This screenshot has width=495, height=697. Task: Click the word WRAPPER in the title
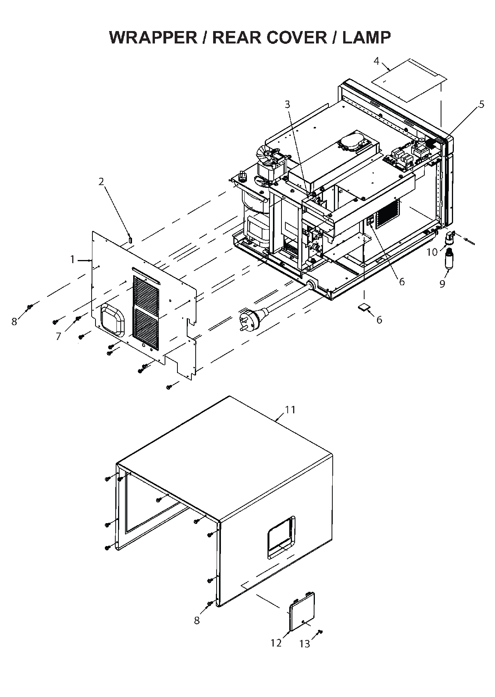153,37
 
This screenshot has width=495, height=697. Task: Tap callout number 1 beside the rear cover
73,259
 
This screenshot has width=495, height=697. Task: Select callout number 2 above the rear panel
101,182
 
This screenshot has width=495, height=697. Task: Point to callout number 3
287,104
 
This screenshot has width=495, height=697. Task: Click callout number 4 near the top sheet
376,61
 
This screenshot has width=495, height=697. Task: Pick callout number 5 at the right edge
481,104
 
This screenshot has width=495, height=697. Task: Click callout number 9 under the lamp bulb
442,284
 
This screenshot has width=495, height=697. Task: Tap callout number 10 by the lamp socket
432,252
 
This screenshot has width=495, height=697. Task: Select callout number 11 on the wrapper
290,409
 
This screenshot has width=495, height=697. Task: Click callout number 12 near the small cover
276,643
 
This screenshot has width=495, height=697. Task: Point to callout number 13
305,644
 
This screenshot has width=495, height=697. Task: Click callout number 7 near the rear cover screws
58,336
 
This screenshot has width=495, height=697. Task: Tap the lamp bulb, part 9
450,260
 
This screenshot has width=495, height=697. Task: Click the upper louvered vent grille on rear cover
146,291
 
